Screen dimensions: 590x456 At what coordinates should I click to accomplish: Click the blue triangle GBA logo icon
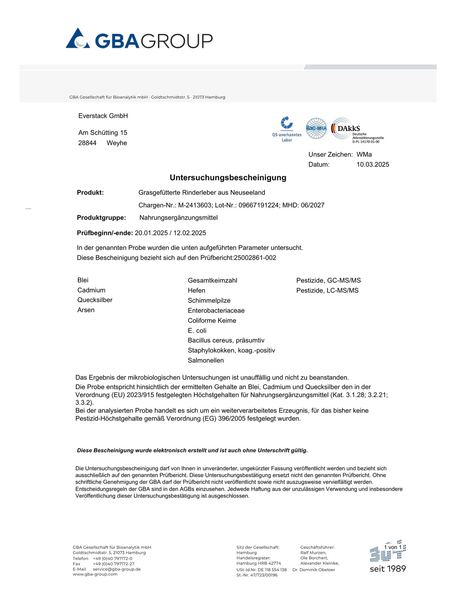[78, 39]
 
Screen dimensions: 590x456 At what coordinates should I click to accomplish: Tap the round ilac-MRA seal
[316, 128]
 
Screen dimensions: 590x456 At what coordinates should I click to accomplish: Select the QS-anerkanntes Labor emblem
[287, 129]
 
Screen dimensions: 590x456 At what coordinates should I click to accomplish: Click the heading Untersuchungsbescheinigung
[228, 177]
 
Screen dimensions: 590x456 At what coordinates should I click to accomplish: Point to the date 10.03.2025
[373, 165]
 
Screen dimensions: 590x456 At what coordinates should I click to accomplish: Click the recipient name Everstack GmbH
[103, 116]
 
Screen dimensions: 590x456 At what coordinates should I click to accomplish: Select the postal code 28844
[87, 143]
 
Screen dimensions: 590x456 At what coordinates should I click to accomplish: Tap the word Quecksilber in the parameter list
[95, 300]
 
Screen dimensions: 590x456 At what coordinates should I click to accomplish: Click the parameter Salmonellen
[206, 360]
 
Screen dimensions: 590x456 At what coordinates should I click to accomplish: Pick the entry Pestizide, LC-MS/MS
[327, 290]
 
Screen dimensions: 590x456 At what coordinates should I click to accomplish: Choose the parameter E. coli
[197, 331]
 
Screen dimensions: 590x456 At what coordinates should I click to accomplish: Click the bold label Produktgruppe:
[101, 218]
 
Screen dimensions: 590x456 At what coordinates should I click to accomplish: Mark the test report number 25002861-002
[255, 258]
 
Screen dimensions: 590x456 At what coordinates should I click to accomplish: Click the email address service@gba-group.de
[117, 569]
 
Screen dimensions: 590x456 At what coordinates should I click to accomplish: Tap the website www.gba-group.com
[95, 574]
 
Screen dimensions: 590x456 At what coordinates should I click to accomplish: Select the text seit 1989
[388, 569]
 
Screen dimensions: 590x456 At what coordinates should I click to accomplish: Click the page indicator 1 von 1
[393, 547]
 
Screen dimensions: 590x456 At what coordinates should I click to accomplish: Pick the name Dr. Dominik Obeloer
[314, 569]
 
